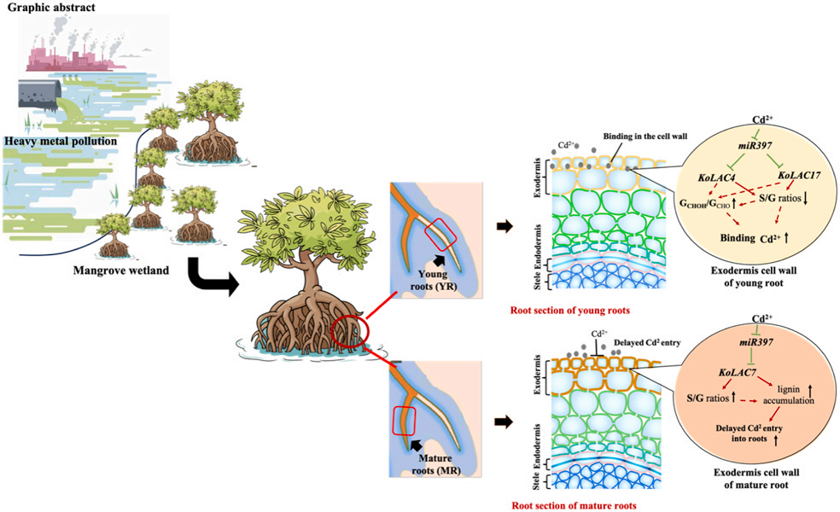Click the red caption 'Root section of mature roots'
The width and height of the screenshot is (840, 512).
(576, 505)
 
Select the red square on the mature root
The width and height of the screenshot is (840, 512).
(404, 420)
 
